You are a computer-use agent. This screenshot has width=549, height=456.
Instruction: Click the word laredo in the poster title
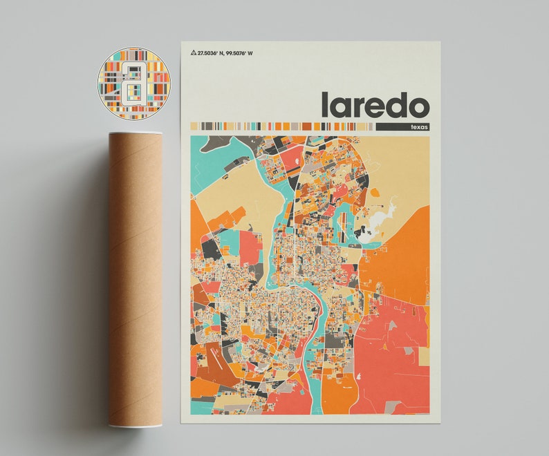tap(374, 105)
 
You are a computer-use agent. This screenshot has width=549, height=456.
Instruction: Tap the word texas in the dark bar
tap(419, 127)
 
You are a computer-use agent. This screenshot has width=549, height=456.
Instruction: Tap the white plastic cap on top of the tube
tap(135, 134)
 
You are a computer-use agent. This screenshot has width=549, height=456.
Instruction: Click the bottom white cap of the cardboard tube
tap(135, 424)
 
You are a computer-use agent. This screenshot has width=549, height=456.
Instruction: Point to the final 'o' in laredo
tap(418, 108)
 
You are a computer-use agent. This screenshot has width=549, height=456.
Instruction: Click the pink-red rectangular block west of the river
tap(250, 247)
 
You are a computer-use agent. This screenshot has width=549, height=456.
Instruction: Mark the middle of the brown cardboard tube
tap(135, 276)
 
